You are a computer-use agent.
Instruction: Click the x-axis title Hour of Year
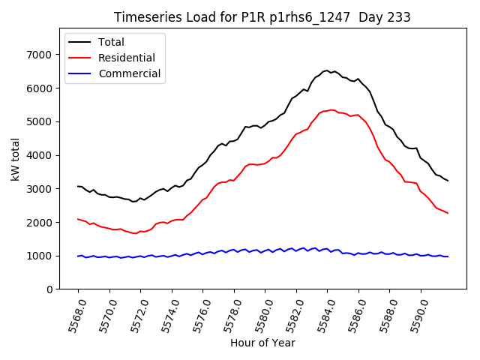[x=262, y=343]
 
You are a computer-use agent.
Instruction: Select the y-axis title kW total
[x=15, y=160]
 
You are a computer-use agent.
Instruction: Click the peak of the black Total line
[x=327, y=70]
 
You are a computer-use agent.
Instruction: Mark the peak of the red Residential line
[x=331, y=109]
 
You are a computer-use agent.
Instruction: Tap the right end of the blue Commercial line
[x=448, y=256]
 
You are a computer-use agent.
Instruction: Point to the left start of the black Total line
[x=78, y=186]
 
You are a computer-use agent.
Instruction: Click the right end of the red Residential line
[x=448, y=213]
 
